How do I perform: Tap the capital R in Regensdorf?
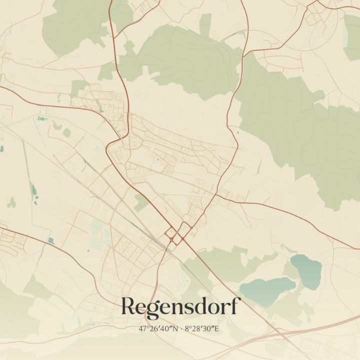[129, 306]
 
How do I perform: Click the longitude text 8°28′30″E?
[202, 328]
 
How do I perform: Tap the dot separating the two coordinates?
[181, 329]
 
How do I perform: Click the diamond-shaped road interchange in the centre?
[177, 233]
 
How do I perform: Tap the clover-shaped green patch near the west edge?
[11, 202]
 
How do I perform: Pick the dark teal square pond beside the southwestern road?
[50, 240]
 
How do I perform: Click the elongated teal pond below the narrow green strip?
[33, 190]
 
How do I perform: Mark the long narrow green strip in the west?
[25, 160]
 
